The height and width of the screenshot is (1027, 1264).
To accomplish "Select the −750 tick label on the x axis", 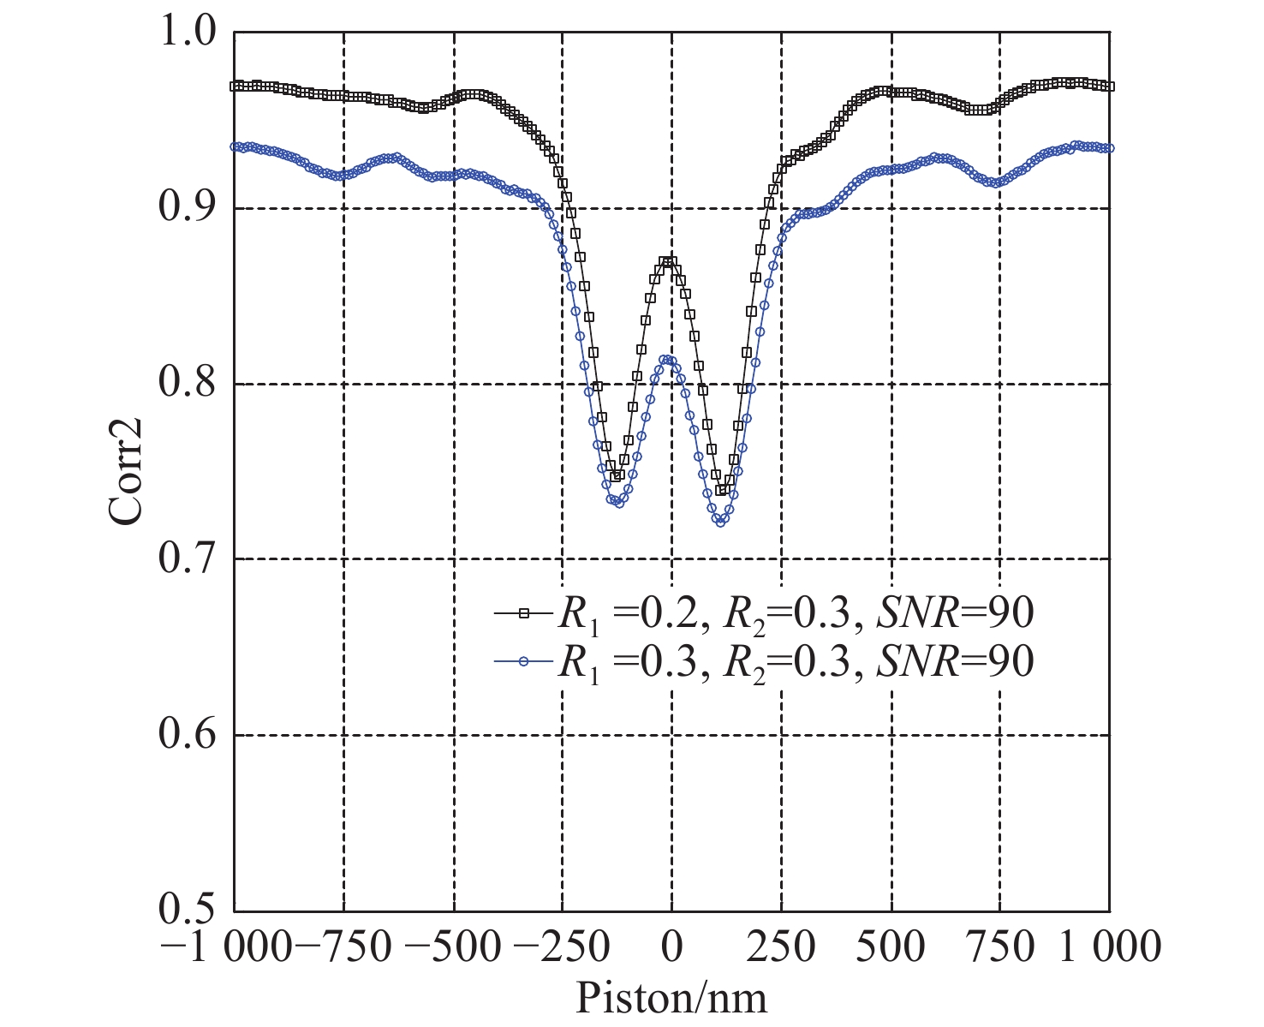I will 343,948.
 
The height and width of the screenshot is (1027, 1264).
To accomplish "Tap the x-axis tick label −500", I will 452,948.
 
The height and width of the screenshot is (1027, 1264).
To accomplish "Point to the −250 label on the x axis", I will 562,948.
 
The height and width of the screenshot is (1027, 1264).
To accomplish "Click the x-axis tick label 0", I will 672,948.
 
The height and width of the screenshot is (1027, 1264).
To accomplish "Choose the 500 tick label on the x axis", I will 891,948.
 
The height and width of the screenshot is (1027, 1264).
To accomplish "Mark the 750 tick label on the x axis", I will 1000,948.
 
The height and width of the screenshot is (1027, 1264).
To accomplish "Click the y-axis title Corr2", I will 127,471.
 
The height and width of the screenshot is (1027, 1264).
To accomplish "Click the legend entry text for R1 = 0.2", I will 796,613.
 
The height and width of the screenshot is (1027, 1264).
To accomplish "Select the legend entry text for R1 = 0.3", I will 796,661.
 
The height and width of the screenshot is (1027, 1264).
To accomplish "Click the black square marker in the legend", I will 525,612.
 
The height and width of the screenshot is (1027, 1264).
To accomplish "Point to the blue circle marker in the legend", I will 525,660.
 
